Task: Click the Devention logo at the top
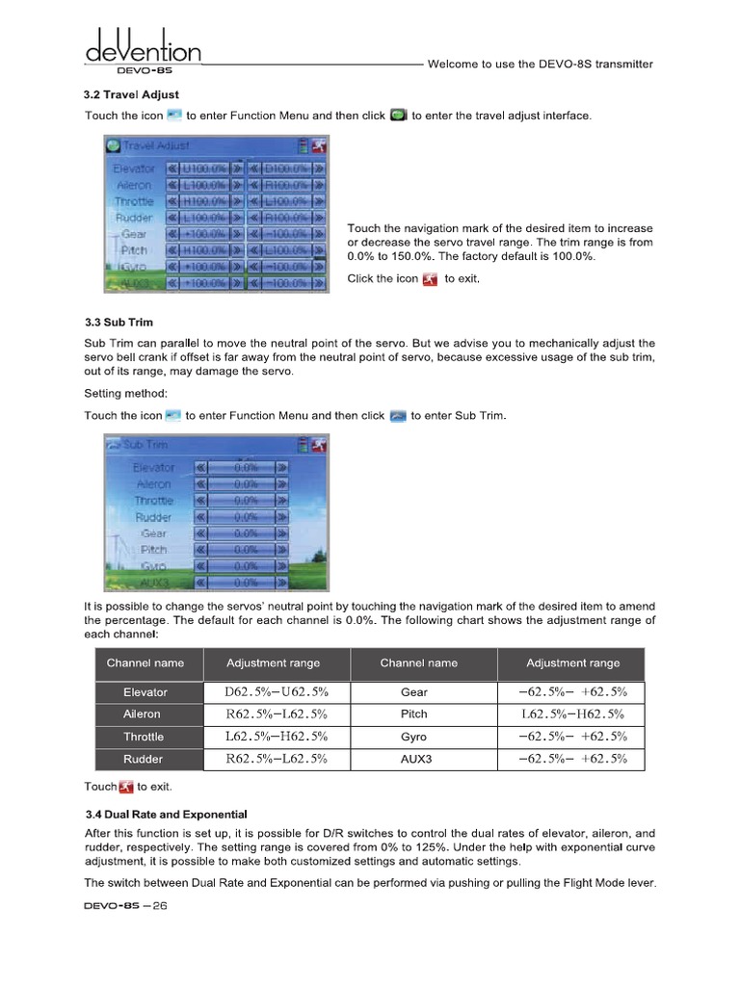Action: [x=143, y=47]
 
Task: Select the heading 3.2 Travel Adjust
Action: [x=131, y=94]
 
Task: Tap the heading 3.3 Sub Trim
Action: [x=119, y=322]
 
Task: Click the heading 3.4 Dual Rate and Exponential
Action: [x=166, y=814]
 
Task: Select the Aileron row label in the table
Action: [x=143, y=714]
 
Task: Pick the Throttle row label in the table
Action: [x=143, y=737]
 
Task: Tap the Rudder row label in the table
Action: [x=143, y=759]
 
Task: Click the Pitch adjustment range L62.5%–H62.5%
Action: [x=572, y=714]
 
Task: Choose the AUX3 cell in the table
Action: [x=414, y=759]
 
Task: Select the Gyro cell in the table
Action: [x=414, y=737]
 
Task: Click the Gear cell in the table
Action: [x=414, y=692]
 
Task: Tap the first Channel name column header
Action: [x=145, y=662]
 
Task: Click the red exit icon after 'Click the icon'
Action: [x=430, y=279]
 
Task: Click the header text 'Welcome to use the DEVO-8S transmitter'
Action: [x=540, y=65]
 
